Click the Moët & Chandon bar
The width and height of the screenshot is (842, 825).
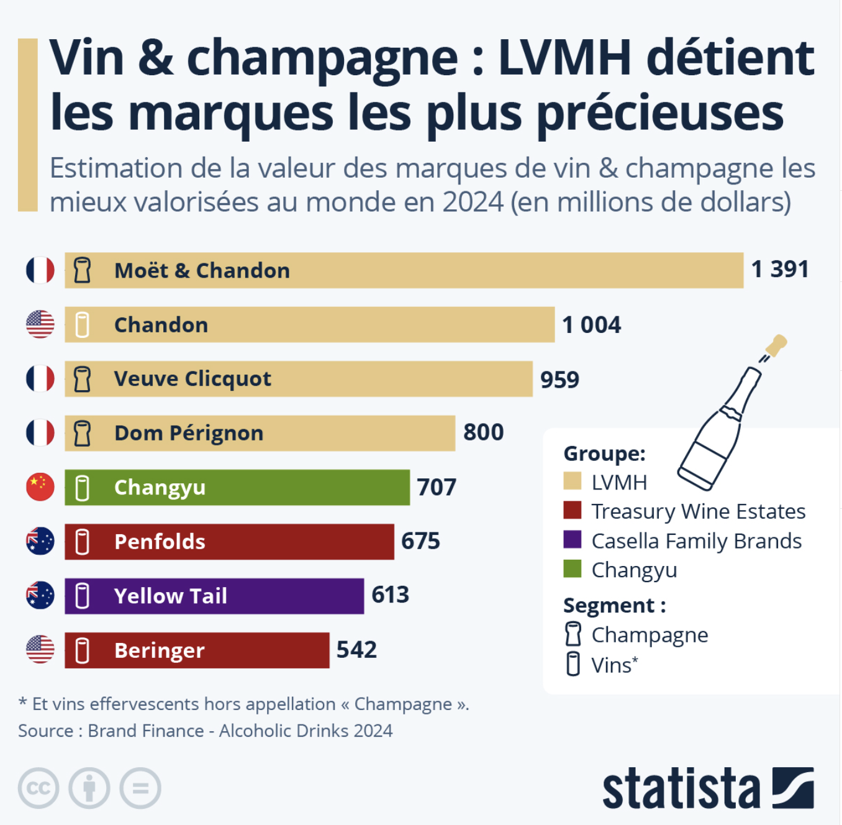click(x=404, y=270)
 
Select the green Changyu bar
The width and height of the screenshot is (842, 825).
click(x=237, y=487)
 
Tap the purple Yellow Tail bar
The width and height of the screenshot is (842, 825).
click(x=214, y=596)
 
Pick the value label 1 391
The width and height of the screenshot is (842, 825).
click(x=780, y=270)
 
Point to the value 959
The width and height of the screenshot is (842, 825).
click(x=559, y=379)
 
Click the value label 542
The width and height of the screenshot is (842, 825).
click(x=356, y=650)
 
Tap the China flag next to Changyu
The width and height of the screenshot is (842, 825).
click(x=40, y=487)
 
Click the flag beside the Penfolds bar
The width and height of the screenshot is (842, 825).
click(x=40, y=541)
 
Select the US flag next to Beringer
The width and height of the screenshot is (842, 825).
click(x=40, y=650)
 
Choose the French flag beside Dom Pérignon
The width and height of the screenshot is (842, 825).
click(x=40, y=433)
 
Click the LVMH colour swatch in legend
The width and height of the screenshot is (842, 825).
click(x=572, y=481)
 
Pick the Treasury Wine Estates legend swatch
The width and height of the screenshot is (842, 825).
click(x=572, y=511)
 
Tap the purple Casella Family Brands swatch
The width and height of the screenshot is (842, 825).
click(x=572, y=540)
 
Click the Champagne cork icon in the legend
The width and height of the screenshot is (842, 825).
click(x=573, y=634)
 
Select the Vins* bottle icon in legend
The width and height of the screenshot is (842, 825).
click(x=573, y=664)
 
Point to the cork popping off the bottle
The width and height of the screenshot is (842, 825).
click(x=776, y=345)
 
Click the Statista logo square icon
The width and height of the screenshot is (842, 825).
click(x=793, y=788)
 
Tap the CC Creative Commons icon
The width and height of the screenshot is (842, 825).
click(x=38, y=788)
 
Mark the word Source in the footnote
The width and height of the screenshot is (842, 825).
click(x=45, y=731)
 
